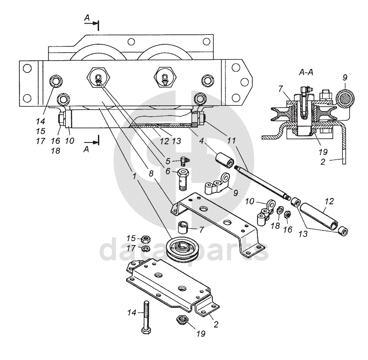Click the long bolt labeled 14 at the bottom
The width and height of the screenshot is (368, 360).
click(146, 317)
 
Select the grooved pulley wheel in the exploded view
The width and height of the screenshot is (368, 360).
click(181, 249)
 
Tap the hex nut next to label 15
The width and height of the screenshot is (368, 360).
click(145, 239)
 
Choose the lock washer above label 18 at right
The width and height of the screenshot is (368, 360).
click(279, 210)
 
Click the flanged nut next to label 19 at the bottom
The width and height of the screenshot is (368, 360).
click(181, 319)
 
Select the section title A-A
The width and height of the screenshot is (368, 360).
click(306, 73)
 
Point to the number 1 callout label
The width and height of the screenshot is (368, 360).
click(135, 176)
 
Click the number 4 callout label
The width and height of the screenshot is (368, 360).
click(201, 141)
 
